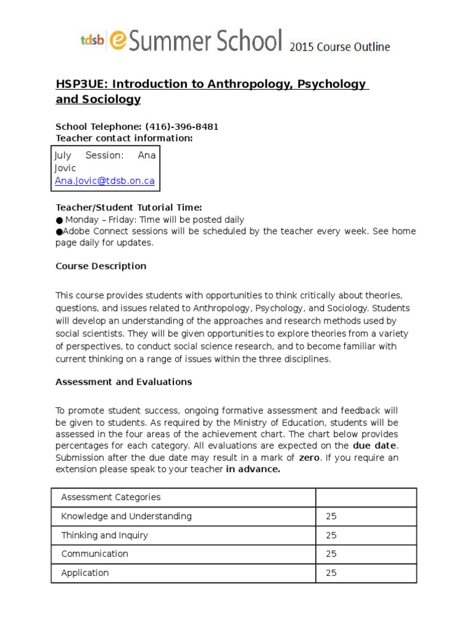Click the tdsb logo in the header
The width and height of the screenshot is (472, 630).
click(x=92, y=41)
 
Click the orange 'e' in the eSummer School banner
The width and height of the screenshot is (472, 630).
click(x=119, y=40)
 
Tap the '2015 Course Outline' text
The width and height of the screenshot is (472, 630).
click(x=339, y=47)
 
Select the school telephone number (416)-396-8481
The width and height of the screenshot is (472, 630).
click(x=181, y=127)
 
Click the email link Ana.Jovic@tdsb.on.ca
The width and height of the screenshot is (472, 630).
click(x=104, y=181)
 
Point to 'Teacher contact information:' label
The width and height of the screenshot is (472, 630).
click(x=124, y=138)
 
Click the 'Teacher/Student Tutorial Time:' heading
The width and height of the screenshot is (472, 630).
click(x=128, y=208)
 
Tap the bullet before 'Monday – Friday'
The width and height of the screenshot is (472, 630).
click(x=59, y=220)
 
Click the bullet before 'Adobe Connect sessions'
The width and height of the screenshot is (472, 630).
click(x=59, y=231)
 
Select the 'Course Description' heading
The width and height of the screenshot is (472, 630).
click(x=101, y=266)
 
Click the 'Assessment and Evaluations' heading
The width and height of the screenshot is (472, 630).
click(x=124, y=381)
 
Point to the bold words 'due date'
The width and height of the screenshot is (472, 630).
click(x=374, y=445)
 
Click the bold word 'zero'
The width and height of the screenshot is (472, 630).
click(x=309, y=457)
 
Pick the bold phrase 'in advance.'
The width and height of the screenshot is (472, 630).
click(x=253, y=469)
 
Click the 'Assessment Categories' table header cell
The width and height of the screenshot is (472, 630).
click(x=111, y=497)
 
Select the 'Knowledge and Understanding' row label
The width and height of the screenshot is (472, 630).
click(x=126, y=516)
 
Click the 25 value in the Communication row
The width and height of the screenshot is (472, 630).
click(x=331, y=554)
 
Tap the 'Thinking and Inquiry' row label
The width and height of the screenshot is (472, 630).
click(x=104, y=535)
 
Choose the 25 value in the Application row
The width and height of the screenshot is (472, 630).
click(x=331, y=573)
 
